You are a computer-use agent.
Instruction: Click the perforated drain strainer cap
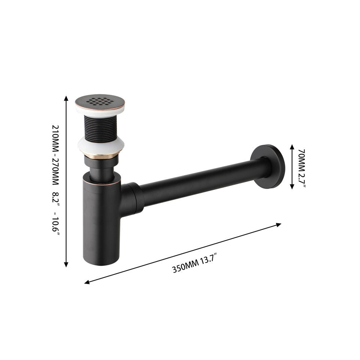pos(99,101)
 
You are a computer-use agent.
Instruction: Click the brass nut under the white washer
pos(101,156)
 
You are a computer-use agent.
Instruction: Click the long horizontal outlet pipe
pos(202,184)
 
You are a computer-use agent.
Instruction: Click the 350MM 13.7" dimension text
pos(195,264)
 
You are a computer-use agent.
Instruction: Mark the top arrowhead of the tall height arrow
pos(66,99)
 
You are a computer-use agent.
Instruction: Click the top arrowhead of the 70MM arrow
pos(292,147)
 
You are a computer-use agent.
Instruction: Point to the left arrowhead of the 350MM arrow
pos(87,282)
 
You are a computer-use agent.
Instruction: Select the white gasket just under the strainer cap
pos(99,109)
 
